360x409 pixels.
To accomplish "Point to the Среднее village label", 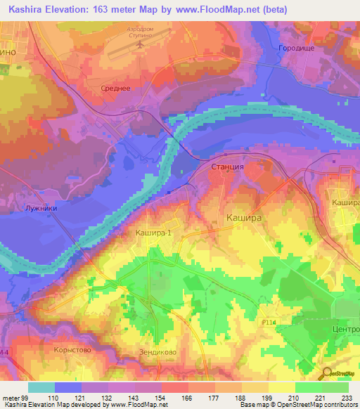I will (x=115, y=88).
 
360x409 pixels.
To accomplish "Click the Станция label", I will (x=227, y=167).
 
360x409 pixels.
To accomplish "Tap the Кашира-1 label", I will (x=153, y=232).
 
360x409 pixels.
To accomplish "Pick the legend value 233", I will (x=347, y=398).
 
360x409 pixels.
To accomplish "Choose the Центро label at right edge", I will (x=344, y=329).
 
